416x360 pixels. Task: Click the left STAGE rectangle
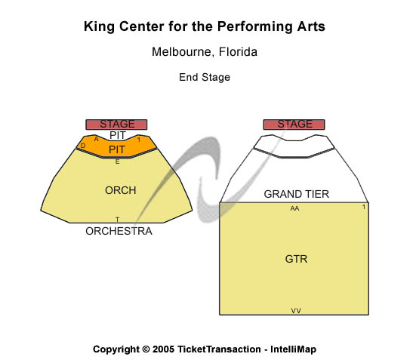click(x=116, y=125)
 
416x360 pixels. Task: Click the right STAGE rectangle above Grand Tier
click(x=294, y=125)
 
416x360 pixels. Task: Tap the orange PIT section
click(x=116, y=146)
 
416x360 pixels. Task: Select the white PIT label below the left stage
click(x=118, y=135)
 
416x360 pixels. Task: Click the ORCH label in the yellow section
click(x=121, y=190)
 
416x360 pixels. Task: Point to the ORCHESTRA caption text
click(x=119, y=231)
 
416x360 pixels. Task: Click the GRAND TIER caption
click(x=297, y=194)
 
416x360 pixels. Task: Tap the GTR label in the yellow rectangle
click(x=297, y=259)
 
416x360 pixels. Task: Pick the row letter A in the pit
click(x=96, y=139)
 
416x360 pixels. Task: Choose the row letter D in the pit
click(x=83, y=146)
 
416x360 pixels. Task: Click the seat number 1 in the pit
click(x=139, y=140)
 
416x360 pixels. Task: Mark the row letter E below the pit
click(x=117, y=162)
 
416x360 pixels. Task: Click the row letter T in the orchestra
click(x=117, y=220)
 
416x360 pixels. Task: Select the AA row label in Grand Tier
click(x=294, y=208)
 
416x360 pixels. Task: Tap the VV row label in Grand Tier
click(x=296, y=311)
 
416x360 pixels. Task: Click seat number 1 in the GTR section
click(x=364, y=207)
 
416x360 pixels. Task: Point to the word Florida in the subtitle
click(x=238, y=52)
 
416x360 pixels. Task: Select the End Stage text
click(x=205, y=77)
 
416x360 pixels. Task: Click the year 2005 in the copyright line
click(x=163, y=349)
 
